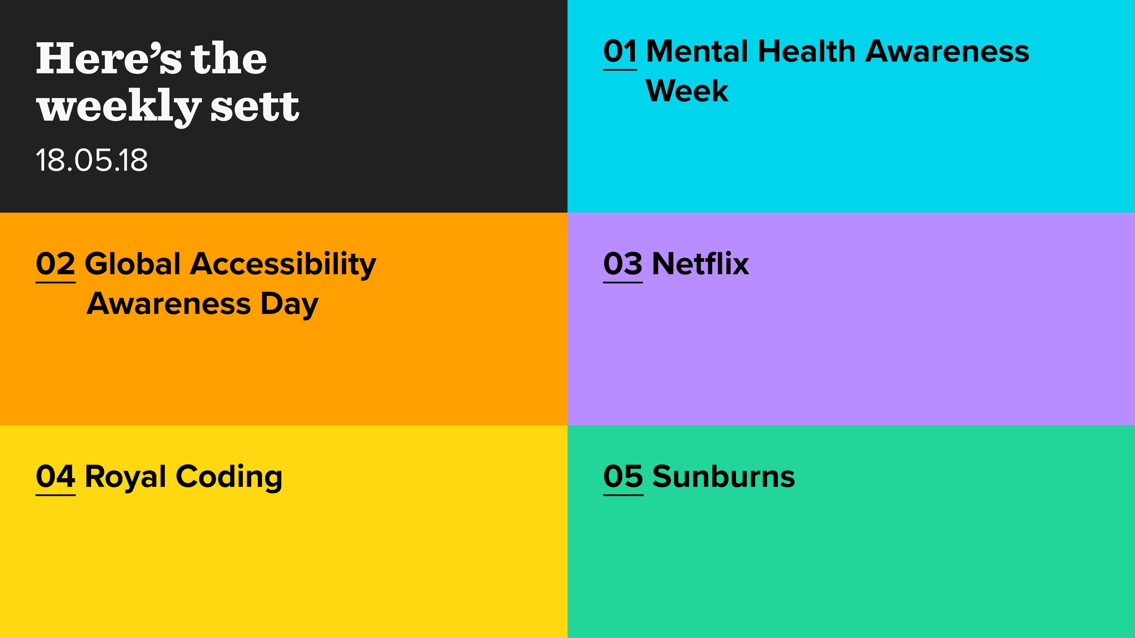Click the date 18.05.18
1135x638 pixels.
[x=92, y=160]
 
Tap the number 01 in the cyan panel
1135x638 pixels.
[x=620, y=51]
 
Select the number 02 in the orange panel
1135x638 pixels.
[x=55, y=264]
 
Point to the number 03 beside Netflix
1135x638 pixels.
[x=623, y=264]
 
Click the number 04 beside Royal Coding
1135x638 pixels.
[x=55, y=476]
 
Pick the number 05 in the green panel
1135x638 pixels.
[x=623, y=476]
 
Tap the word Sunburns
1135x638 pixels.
[x=724, y=476]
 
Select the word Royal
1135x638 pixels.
[x=126, y=478]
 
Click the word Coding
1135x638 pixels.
[x=229, y=478]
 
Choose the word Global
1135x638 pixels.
[x=133, y=264]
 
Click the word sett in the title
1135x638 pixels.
[x=255, y=107]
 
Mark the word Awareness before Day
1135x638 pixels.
[x=169, y=304]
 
